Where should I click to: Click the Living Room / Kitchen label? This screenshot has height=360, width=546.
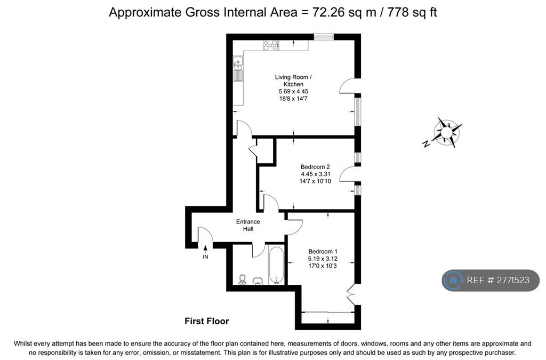(x=293, y=81)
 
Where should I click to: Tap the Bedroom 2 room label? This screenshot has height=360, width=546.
(x=315, y=167)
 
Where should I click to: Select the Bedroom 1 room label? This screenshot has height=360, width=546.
(x=323, y=251)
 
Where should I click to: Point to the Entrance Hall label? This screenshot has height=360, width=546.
(x=248, y=225)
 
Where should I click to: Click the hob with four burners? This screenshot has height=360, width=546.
(x=270, y=45)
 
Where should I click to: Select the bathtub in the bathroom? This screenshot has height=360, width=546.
(x=277, y=265)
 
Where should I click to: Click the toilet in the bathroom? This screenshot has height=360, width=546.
(x=242, y=279)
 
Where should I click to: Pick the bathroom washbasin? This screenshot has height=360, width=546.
(x=258, y=281)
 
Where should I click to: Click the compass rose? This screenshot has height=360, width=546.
(x=447, y=132)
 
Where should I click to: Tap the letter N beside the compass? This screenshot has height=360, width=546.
(x=425, y=143)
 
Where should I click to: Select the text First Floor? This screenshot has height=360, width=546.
(x=206, y=321)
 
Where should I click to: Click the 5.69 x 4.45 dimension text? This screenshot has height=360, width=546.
(x=293, y=91)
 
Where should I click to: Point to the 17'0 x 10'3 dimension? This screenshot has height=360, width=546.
(x=323, y=266)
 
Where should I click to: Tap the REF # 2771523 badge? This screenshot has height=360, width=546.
(x=491, y=281)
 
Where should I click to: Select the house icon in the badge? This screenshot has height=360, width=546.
(x=453, y=281)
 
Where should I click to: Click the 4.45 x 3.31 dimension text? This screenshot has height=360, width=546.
(x=315, y=174)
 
